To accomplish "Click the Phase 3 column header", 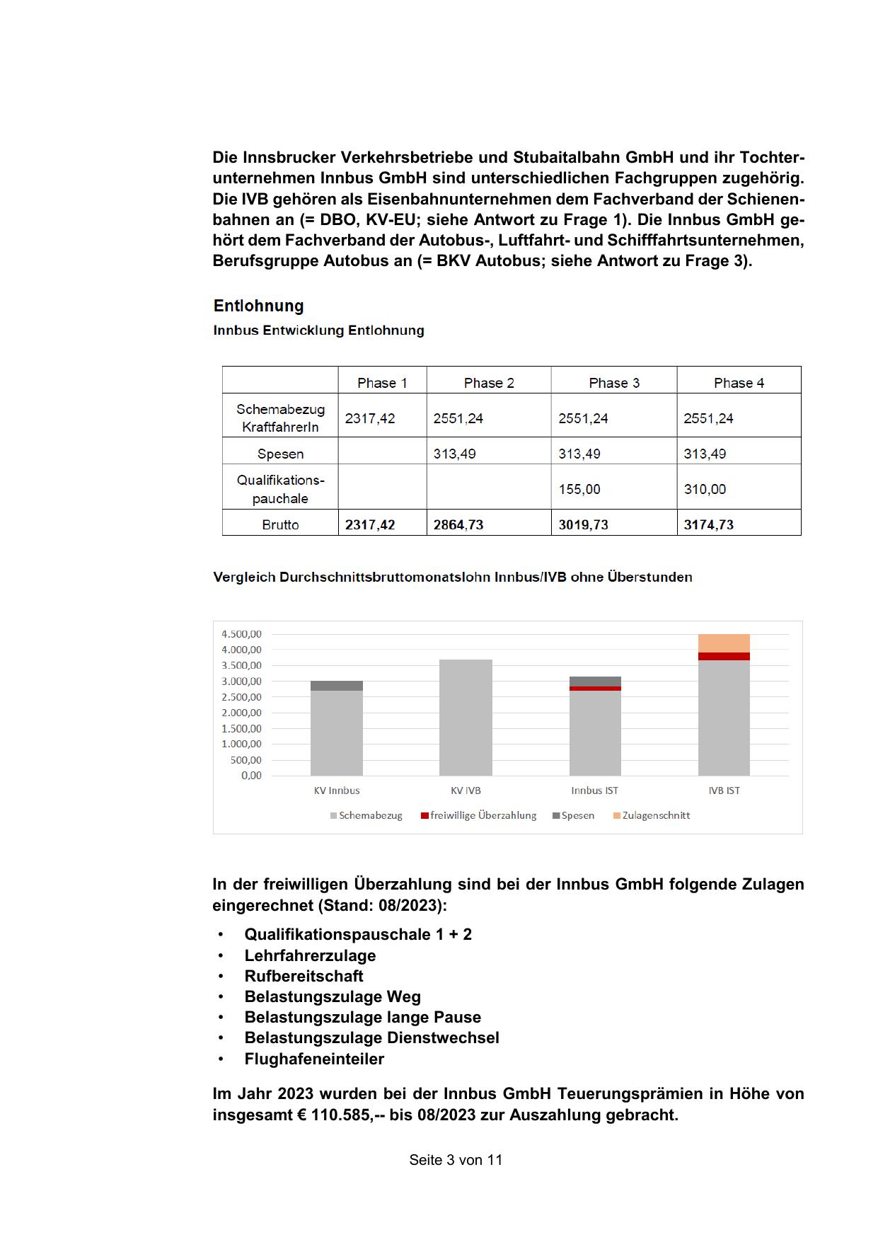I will (x=613, y=383).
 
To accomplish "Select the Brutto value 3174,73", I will (x=708, y=524).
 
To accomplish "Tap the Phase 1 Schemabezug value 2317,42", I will (x=370, y=418).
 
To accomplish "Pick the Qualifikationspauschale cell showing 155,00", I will (x=579, y=489).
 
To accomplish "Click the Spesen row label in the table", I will (x=280, y=454).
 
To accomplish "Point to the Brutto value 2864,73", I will (x=458, y=524).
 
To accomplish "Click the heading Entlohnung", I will (x=258, y=306).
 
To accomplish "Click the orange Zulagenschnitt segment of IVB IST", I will (x=724, y=643).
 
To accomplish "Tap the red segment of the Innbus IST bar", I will (x=595, y=688).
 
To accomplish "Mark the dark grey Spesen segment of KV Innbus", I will (x=337, y=686).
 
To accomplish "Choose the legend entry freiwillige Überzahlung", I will (x=483, y=815).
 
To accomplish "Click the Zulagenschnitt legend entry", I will (x=655, y=815).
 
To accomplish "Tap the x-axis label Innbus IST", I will (x=594, y=790).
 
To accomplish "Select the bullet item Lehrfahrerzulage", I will (x=310, y=955).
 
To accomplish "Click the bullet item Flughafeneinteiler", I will (x=314, y=1059).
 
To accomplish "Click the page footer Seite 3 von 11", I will (x=456, y=1160).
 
